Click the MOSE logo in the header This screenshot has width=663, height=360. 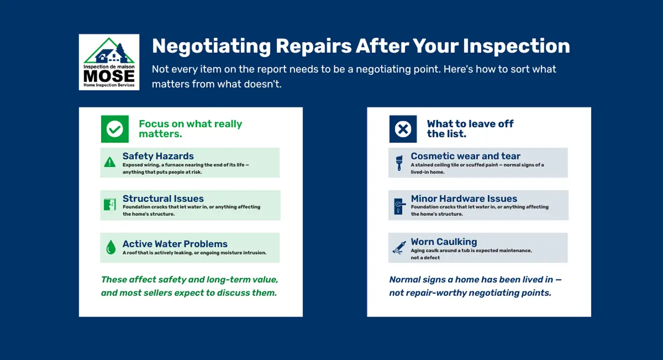tap(109, 62)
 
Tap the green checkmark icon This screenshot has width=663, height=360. tap(115, 129)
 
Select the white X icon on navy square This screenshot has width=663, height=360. tap(403, 129)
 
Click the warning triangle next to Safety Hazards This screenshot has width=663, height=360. tap(110, 162)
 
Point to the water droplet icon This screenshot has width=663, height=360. tap(111, 247)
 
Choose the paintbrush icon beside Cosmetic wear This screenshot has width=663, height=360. tap(399, 163)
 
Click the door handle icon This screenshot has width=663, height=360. tap(399, 206)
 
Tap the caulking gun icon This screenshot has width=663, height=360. tap(399, 247)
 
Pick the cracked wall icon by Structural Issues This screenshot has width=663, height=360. tap(110, 204)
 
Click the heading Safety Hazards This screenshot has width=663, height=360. tap(158, 156)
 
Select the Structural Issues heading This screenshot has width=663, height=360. tap(163, 198)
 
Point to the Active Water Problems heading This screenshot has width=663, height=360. tap(175, 244)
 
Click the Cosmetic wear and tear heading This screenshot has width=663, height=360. tap(465, 156)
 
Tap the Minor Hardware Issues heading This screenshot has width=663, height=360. tap(464, 198)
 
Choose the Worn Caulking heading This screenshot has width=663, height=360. tap(443, 242)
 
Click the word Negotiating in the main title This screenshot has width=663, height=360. tap(211, 46)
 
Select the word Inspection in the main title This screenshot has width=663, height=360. tap(516, 46)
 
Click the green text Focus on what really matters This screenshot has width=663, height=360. tap(190, 129)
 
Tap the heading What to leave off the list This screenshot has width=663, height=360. tap(470, 129)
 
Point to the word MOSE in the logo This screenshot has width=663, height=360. tap(109, 76)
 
